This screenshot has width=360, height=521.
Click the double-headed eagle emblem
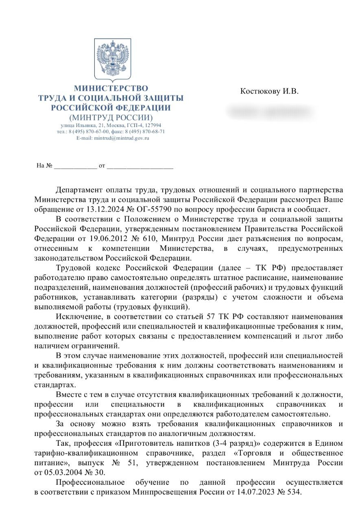112,59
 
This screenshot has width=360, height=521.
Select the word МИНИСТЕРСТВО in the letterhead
111,88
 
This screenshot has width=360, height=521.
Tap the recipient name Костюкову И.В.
269,91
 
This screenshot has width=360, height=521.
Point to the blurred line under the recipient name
270,112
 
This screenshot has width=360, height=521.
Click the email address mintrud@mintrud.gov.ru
122,138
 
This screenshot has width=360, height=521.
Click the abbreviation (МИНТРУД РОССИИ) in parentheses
111,118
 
